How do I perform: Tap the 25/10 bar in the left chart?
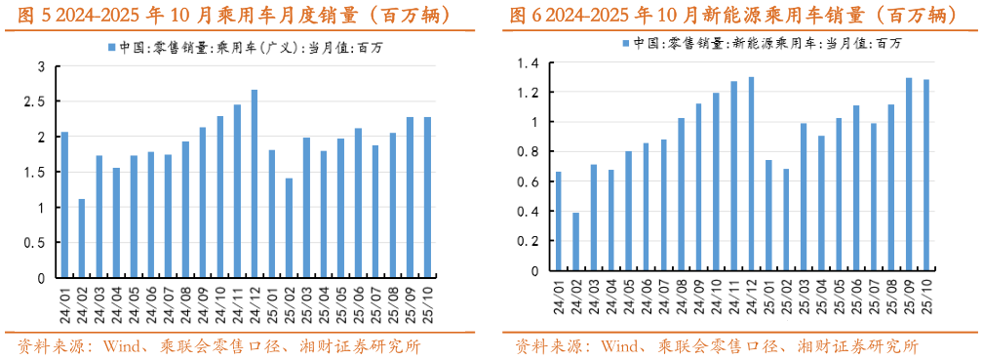coord(427,197)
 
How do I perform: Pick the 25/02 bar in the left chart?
coord(290,227)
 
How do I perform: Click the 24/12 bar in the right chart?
coord(751,174)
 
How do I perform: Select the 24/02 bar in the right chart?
coord(575,241)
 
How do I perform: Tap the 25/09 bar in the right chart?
coord(909,174)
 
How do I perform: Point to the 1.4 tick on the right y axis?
coord(531,63)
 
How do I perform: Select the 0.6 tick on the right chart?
coord(531,181)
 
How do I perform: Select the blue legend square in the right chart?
coord(624,43)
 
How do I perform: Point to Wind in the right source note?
coord(620,347)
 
